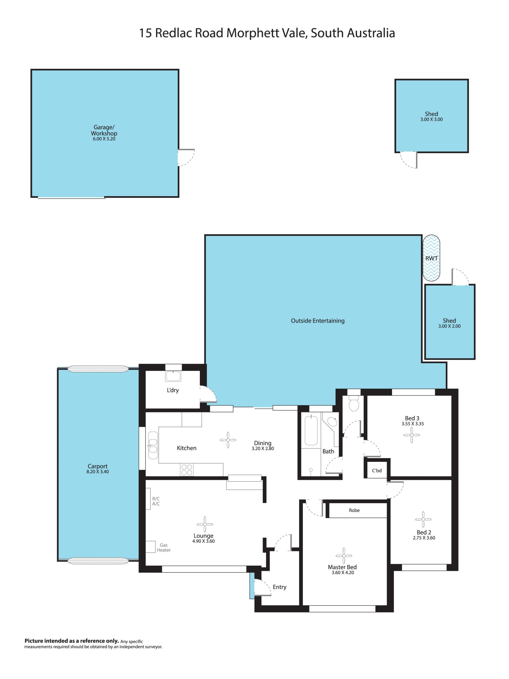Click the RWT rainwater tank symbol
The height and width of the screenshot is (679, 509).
tap(431, 258)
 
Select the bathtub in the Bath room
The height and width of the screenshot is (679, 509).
tap(311, 430)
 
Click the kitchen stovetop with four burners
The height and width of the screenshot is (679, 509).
tap(187, 470)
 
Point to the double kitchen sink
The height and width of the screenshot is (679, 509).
tap(153, 445)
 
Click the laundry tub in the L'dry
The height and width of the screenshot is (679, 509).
tap(173, 376)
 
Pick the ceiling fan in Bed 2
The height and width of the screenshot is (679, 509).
tap(423, 519)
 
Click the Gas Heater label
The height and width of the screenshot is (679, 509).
tap(164, 547)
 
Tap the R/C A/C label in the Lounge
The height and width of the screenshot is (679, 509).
tap(156, 501)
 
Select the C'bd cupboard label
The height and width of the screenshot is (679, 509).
tap(377, 471)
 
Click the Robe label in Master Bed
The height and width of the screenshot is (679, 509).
tap(354, 510)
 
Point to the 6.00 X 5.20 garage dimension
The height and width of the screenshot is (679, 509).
tap(104, 139)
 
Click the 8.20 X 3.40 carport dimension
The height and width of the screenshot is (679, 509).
tap(98, 471)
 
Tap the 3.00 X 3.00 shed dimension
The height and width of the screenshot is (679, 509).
tap(431, 119)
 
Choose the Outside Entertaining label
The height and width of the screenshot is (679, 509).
tap(318, 321)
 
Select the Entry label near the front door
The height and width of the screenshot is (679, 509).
tap(279, 587)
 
